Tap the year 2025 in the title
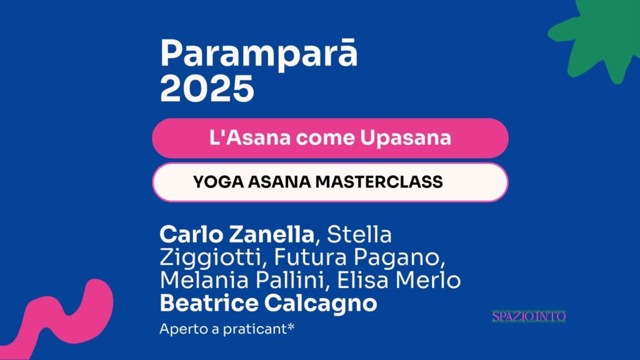(207, 89)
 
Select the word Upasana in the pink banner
(405, 137)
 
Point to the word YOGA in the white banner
(218, 182)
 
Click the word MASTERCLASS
(379, 182)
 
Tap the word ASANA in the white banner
(279, 182)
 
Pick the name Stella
(359, 234)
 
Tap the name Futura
(311, 257)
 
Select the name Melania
(204, 280)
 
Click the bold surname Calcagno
(321, 304)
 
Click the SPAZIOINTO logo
(529, 316)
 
